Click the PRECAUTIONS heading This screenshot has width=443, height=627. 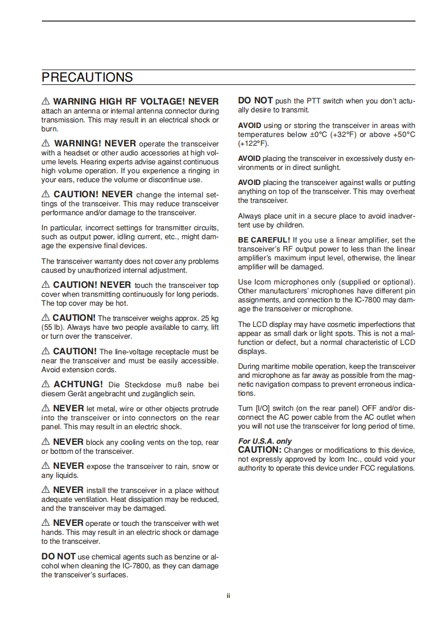(87, 77)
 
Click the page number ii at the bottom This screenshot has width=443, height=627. (228, 596)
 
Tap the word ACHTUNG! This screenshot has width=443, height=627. (78, 384)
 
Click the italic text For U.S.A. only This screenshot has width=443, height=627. (265, 441)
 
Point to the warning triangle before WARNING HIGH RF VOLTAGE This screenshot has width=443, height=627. (46, 102)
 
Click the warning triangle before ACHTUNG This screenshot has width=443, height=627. (46, 384)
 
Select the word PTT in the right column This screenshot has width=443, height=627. (313, 101)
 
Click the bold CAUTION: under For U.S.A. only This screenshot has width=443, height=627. (260, 450)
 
